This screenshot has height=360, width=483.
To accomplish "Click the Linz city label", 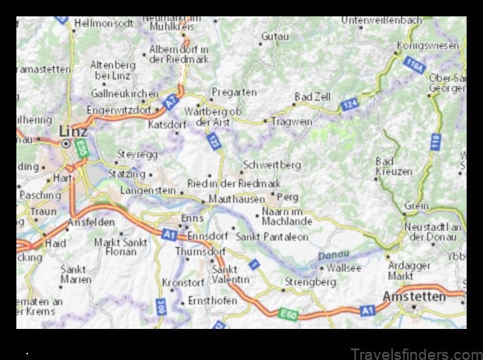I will [73, 131].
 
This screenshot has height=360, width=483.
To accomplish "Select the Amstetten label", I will [415, 295].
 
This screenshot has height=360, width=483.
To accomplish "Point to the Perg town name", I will [288, 197].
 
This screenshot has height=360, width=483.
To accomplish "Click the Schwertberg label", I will [272, 164].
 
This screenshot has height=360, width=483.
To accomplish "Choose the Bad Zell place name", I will [312, 97].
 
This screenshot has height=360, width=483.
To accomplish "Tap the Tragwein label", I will [292, 121].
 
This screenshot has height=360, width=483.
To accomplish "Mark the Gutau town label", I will [274, 37].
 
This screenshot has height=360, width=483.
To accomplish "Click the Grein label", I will [416, 206].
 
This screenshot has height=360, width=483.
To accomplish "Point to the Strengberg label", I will [309, 281].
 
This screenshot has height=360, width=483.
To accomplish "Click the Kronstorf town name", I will [182, 281].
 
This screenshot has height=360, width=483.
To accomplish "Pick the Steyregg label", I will [137, 153].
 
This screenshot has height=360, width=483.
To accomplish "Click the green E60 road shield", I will [287, 314].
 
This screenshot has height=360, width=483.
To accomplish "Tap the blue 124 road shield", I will [350, 104].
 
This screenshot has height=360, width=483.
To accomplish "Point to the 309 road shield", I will [160, 308].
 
